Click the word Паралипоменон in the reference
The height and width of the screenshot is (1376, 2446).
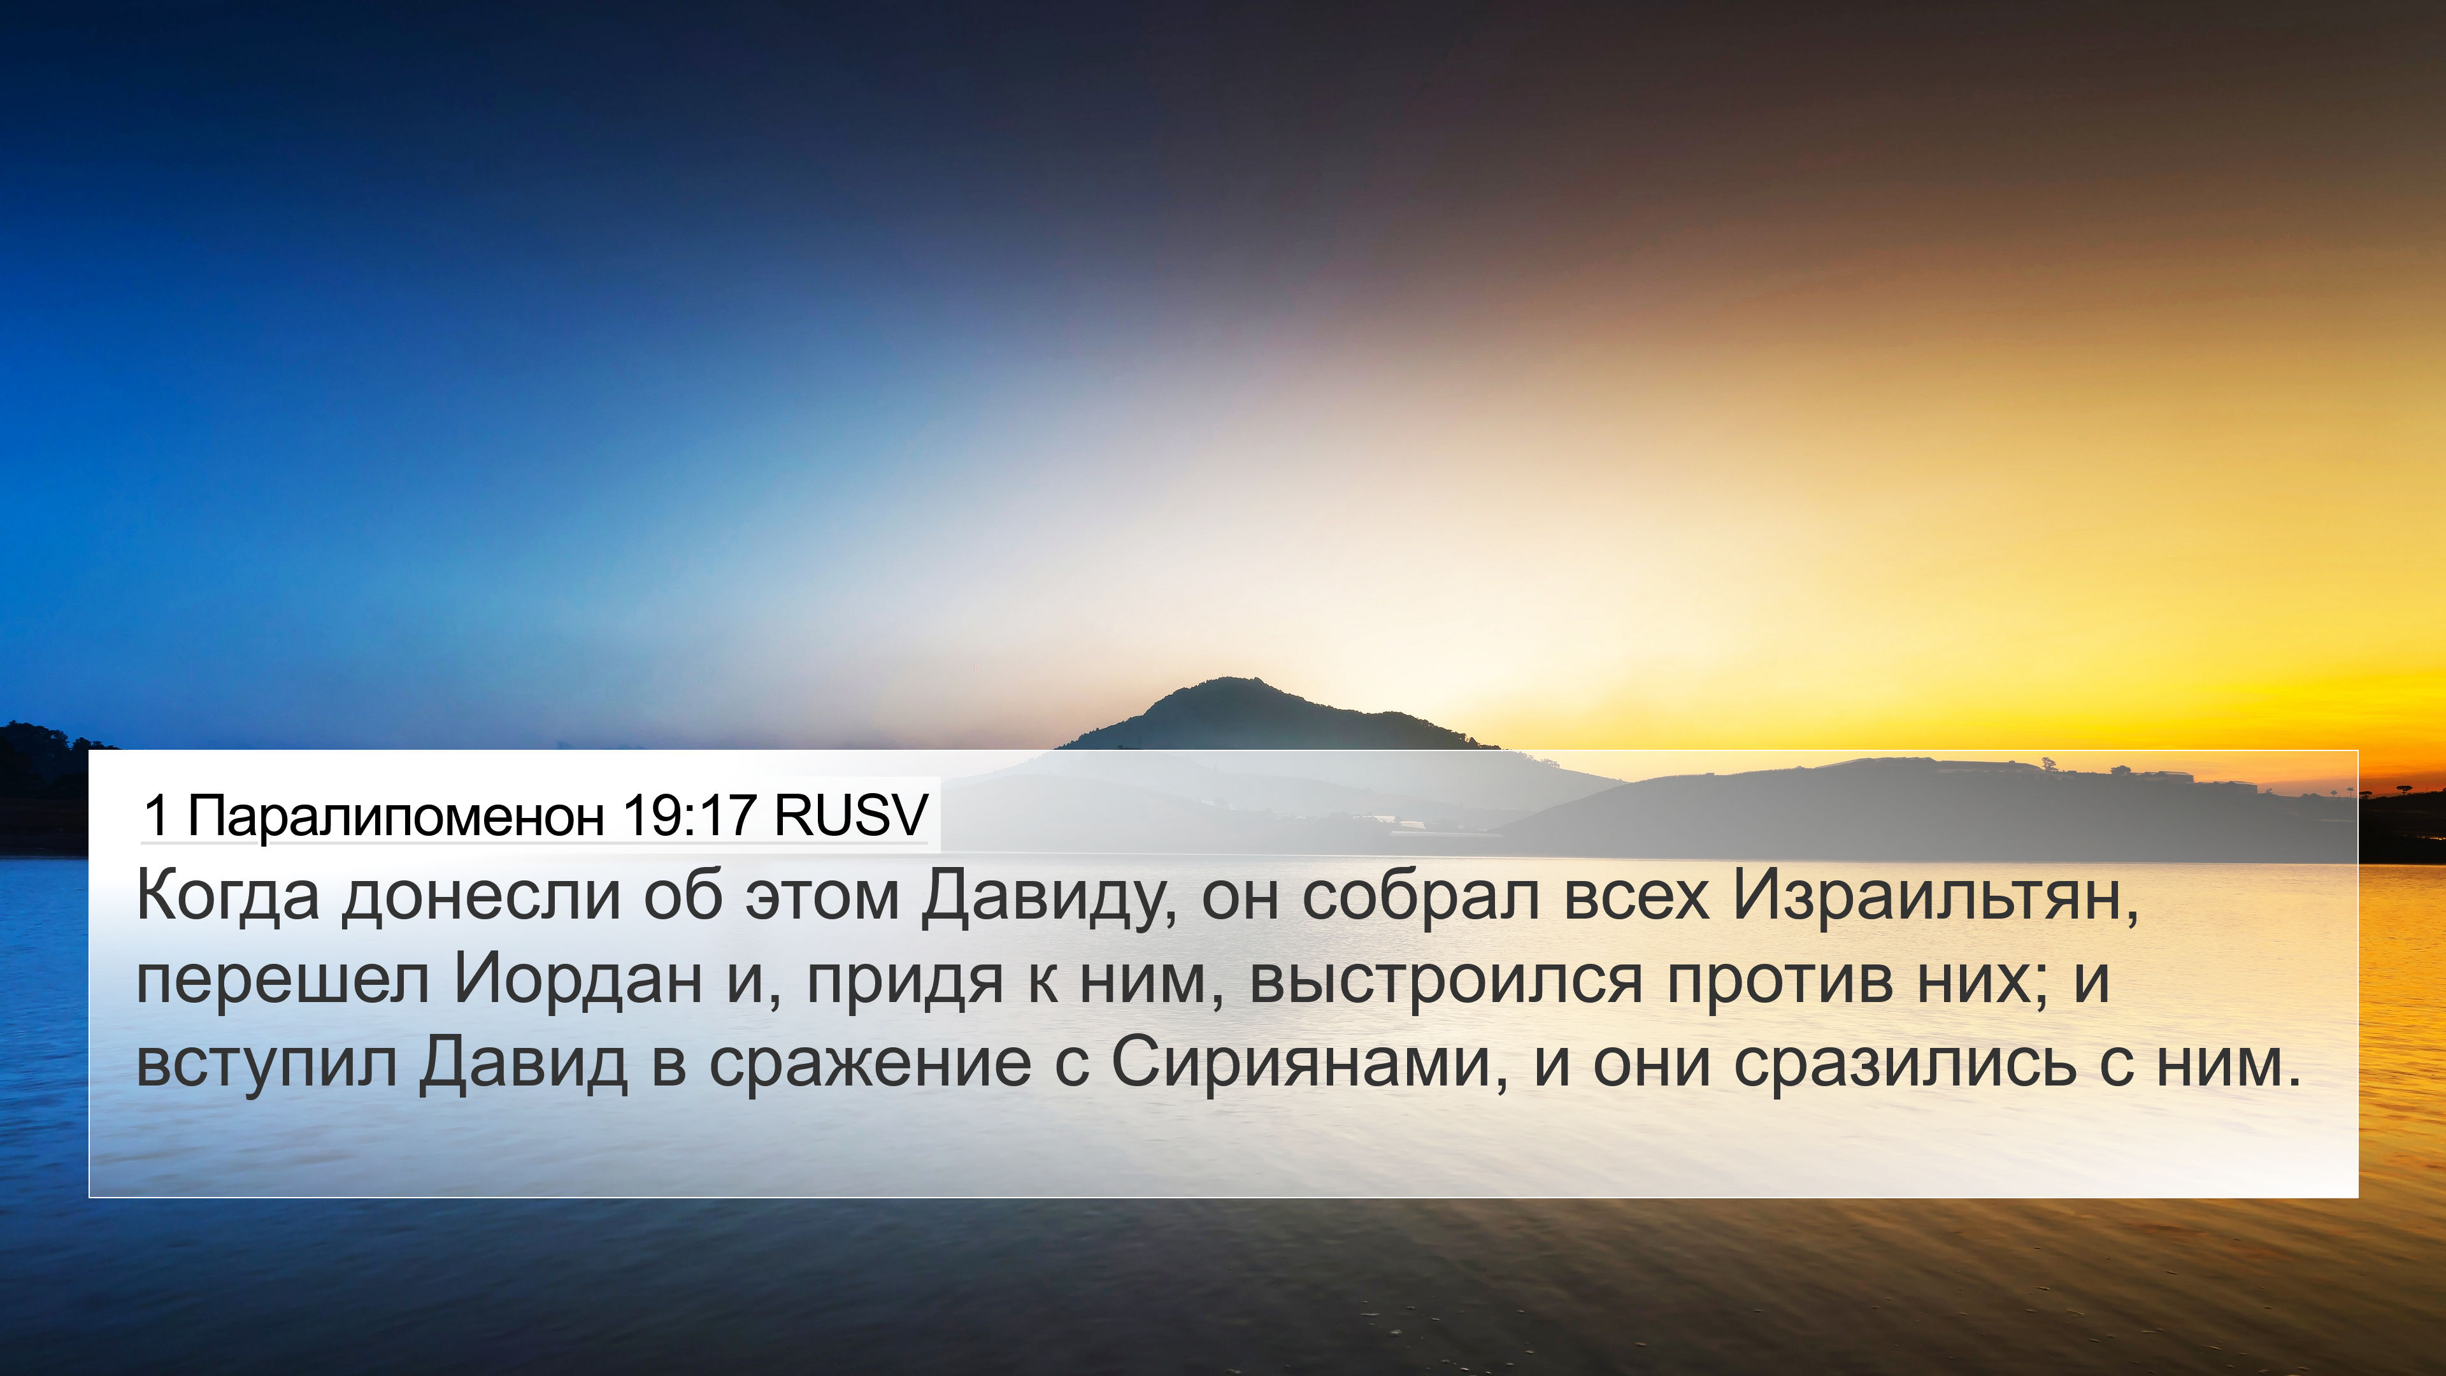click(x=396, y=815)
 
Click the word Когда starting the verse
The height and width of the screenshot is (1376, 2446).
click(x=228, y=896)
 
